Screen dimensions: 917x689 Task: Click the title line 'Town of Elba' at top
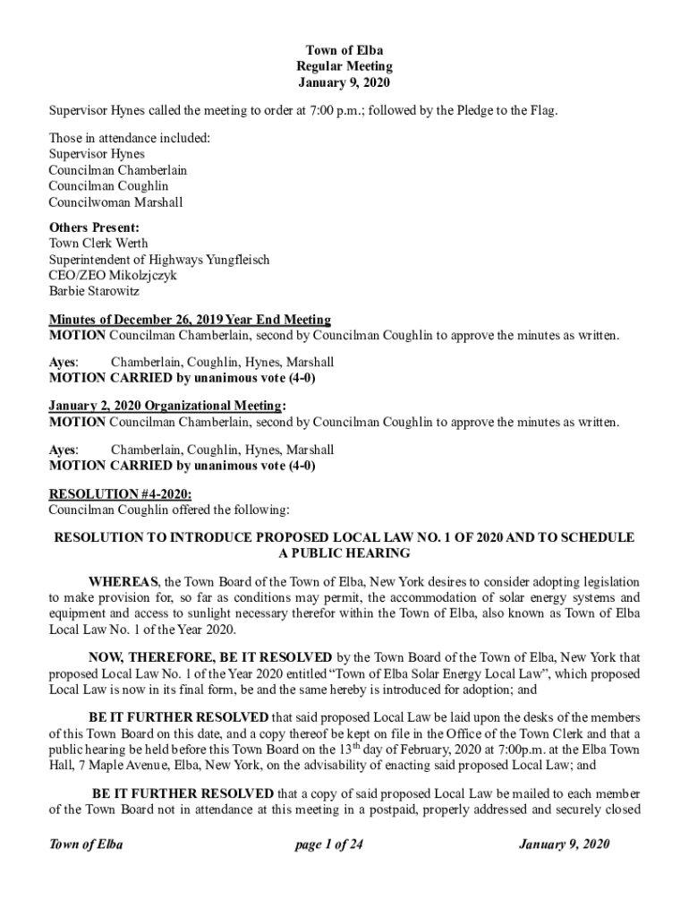coord(344,50)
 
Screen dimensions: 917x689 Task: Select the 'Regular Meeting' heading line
coord(344,66)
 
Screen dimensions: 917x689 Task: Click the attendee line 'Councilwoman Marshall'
coord(115,202)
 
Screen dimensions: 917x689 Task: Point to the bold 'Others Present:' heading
coord(94,227)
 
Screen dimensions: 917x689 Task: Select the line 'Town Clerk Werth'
coord(98,244)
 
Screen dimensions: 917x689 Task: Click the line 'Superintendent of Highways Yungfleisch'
coord(159,260)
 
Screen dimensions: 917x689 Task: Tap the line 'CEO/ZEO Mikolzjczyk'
coord(112,275)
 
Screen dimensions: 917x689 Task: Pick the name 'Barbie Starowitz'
coord(94,291)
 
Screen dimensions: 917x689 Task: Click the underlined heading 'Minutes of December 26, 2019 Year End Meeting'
coord(190,320)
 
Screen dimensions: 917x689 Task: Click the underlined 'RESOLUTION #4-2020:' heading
coord(120,493)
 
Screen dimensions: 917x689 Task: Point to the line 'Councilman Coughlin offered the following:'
coord(169,510)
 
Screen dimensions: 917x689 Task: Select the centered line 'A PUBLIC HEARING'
coord(344,553)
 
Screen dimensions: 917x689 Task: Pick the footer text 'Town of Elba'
coord(86,844)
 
